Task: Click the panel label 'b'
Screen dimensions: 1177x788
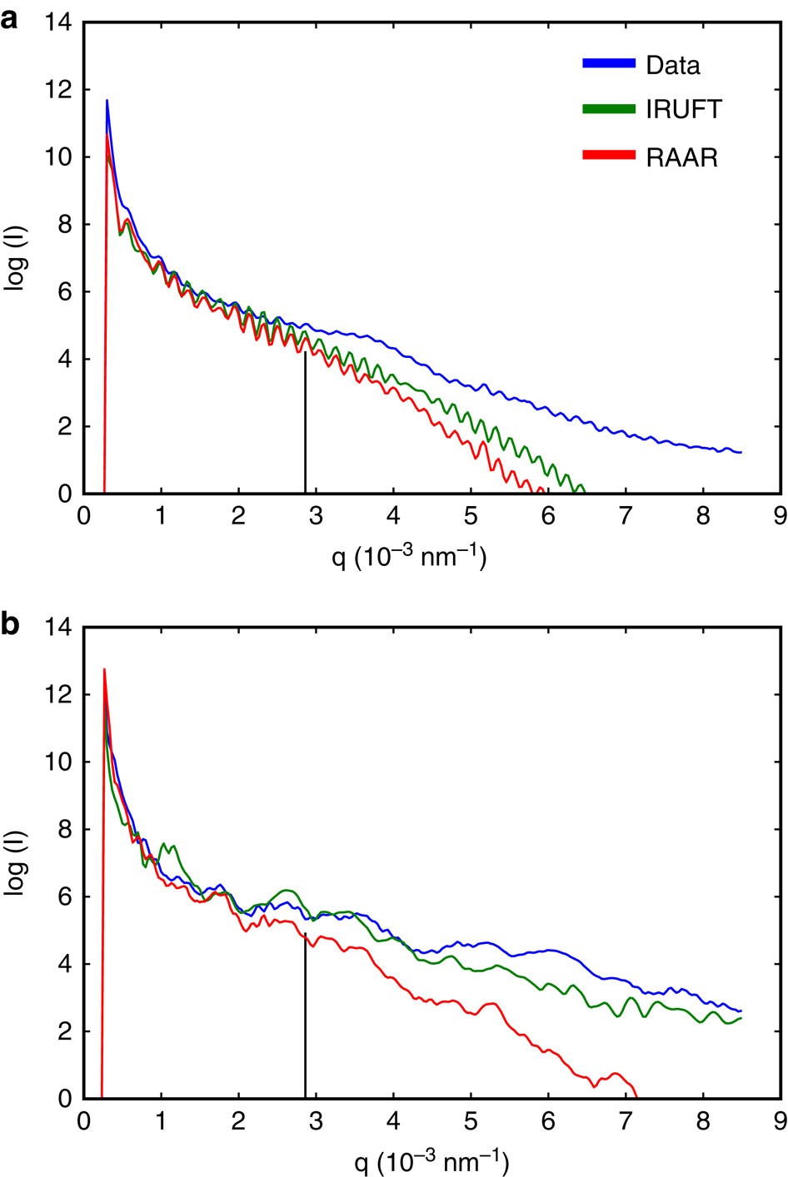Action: [x=10, y=624]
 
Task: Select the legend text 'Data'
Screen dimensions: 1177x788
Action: [x=673, y=65]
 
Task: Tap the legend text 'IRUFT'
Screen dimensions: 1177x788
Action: [x=684, y=110]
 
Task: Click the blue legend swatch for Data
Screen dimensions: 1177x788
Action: [x=609, y=63]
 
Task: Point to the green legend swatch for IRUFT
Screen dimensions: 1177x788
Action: [x=609, y=109]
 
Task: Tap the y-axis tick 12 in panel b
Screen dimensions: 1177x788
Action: [x=60, y=695]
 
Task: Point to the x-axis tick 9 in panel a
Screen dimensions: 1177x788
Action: [x=780, y=517]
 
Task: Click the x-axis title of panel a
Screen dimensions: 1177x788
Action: [x=409, y=555]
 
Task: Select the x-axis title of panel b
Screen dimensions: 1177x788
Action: [x=432, y=1160]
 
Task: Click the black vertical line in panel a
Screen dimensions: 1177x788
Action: [x=306, y=425]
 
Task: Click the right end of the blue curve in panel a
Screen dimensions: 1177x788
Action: [x=740, y=452]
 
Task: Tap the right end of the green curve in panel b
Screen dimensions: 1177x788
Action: [x=740, y=1018]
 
